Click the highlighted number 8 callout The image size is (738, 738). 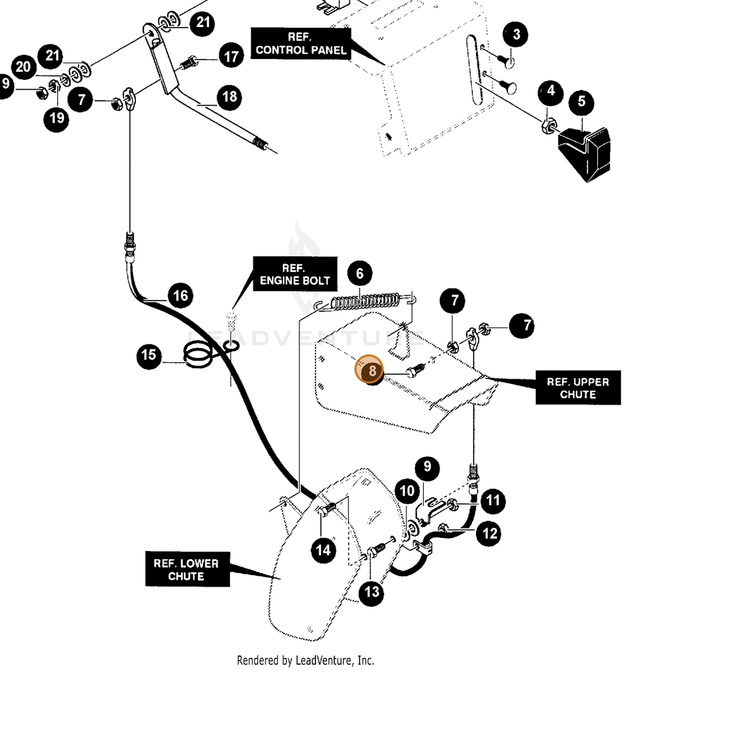pyautogui.click(x=369, y=369)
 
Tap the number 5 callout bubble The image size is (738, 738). pyautogui.click(x=581, y=101)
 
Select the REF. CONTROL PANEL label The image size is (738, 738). pyautogui.click(x=301, y=43)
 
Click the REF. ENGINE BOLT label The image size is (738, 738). pyautogui.click(x=295, y=274)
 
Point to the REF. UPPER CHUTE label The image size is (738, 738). pyautogui.click(x=577, y=387)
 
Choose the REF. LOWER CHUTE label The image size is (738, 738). pyautogui.click(x=188, y=569)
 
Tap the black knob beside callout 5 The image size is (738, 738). pyautogui.click(x=584, y=153)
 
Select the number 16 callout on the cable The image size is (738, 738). pyautogui.click(x=180, y=295)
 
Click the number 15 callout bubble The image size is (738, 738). pyautogui.click(x=149, y=355)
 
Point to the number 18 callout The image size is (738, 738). pyautogui.click(x=229, y=97)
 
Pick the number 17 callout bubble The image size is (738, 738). pyautogui.click(x=231, y=56)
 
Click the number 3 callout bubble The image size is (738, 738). pyautogui.click(x=515, y=34)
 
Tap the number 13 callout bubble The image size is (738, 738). pyautogui.click(x=371, y=592)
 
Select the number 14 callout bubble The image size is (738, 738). pyautogui.click(x=323, y=550)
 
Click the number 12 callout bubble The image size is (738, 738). pyautogui.click(x=489, y=533)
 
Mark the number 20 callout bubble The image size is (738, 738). pyautogui.click(x=24, y=67)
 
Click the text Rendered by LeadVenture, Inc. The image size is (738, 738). pyautogui.click(x=305, y=661)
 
